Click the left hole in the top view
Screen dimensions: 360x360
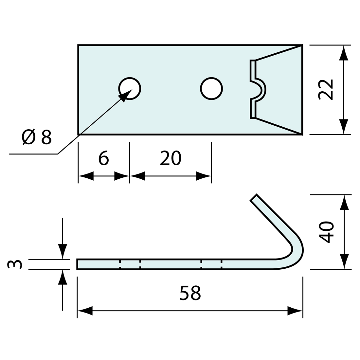click(x=130, y=88)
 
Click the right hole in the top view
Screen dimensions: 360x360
click(x=211, y=88)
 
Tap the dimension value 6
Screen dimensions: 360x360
click(x=103, y=158)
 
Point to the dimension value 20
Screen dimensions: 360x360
click(x=170, y=158)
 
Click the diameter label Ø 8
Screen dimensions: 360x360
click(x=37, y=137)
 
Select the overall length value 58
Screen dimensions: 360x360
click(x=190, y=293)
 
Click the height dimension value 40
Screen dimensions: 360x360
click(x=326, y=232)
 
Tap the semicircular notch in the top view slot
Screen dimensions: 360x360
click(x=261, y=89)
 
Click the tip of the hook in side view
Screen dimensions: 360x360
click(x=254, y=198)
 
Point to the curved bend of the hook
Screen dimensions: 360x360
click(x=298, y=252)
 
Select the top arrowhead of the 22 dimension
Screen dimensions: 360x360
click(x=343, y=53)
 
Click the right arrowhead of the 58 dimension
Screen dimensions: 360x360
click(x=295, y=311)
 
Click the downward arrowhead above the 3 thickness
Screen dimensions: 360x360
click(x=63, y=251)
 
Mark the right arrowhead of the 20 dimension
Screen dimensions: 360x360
click(x=204, y=176)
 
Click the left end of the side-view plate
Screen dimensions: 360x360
click(x=78, y=264)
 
